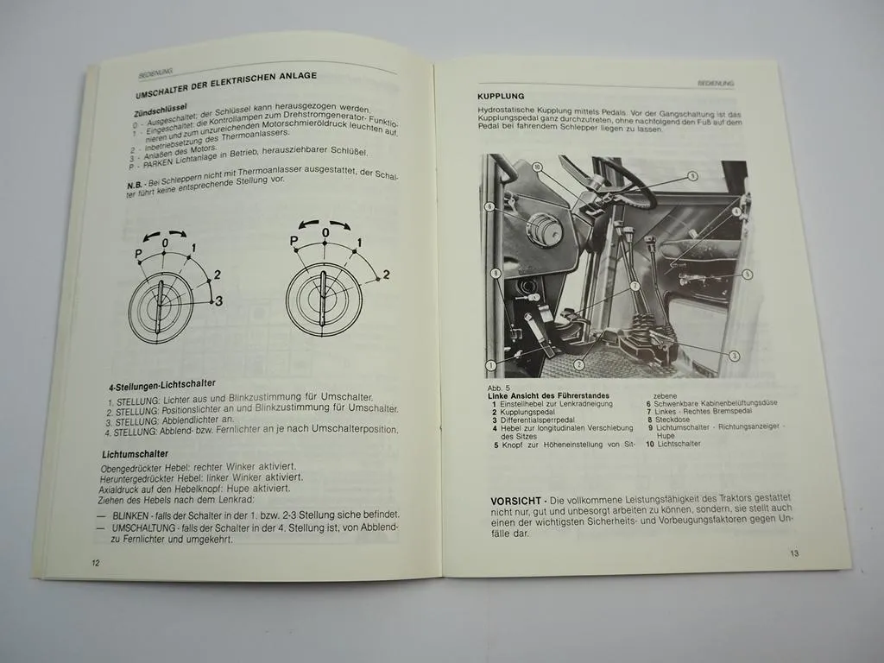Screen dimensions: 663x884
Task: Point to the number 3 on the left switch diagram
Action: (x=218, y=301)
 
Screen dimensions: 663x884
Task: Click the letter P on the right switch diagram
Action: (x=294, y=241)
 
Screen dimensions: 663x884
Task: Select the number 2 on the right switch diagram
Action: (x=386, y=275)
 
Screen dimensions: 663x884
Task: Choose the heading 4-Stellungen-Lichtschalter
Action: (x=162, y=382)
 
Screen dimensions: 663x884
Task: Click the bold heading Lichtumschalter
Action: (x=135, y=454)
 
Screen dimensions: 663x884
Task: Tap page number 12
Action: (x=97, y=563)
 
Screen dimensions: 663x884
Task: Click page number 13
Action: (x=793, y=553)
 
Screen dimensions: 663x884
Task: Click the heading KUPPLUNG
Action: (x=501, y=96)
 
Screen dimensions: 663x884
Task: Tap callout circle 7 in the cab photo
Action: (x=635, y=284)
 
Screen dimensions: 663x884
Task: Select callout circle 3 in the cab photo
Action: (x=734, y=356)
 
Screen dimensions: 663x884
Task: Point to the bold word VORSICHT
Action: (x=515, y=501)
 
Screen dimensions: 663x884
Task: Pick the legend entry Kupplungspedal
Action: (x=530, y=413)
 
